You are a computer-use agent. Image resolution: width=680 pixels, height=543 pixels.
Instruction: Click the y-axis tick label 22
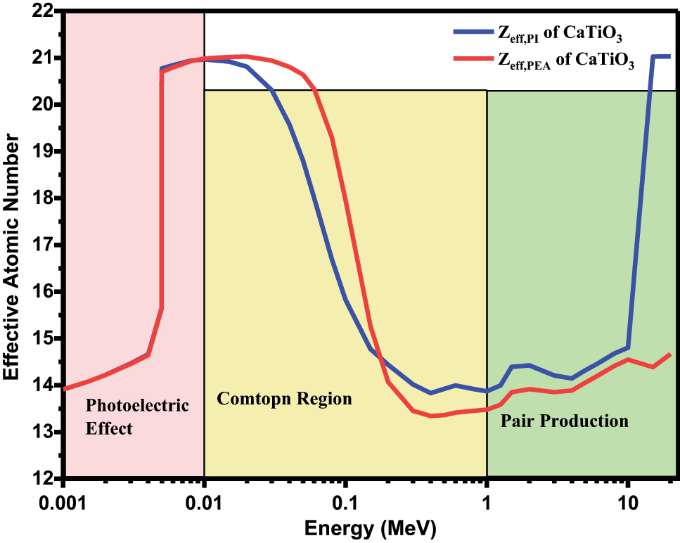click(x=43, y=11)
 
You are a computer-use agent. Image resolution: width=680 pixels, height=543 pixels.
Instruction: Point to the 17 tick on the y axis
click(x=43, y=245)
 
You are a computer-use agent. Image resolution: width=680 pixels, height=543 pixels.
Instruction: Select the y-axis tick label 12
click(x=43, y=478)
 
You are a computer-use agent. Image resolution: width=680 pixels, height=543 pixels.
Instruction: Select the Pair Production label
click(x=564, y=421)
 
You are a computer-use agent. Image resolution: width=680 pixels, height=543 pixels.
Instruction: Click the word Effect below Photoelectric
click(x=109, y=428)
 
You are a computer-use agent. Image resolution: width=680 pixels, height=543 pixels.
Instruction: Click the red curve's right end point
click(x=670, y=354)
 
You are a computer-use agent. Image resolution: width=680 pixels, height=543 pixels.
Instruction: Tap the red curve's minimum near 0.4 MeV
click(x=432, y=416)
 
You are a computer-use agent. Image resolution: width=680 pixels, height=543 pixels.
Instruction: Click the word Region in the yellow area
click(x=320, y=399)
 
